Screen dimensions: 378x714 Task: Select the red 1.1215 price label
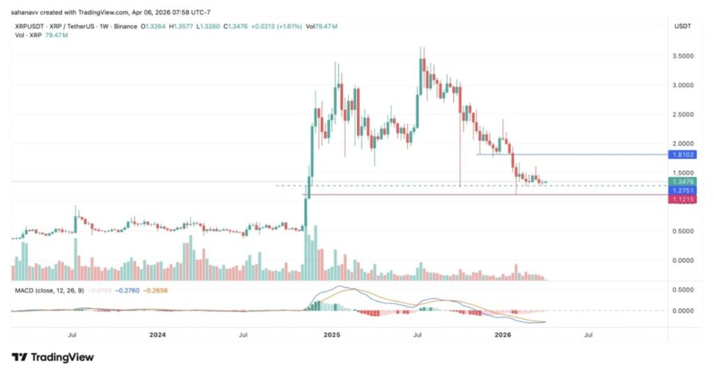coord(681,199)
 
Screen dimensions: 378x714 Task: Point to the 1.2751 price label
coord(681,190)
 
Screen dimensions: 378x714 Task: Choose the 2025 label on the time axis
coord(332,335)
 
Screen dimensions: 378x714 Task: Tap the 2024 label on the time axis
coord(158,335)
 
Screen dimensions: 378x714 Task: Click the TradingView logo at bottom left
coord(52,357)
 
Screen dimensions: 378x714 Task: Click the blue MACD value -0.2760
coord(129,289)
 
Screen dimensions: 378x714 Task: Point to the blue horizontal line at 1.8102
coord(572,154)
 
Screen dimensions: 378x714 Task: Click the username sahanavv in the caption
coord(26,10)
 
